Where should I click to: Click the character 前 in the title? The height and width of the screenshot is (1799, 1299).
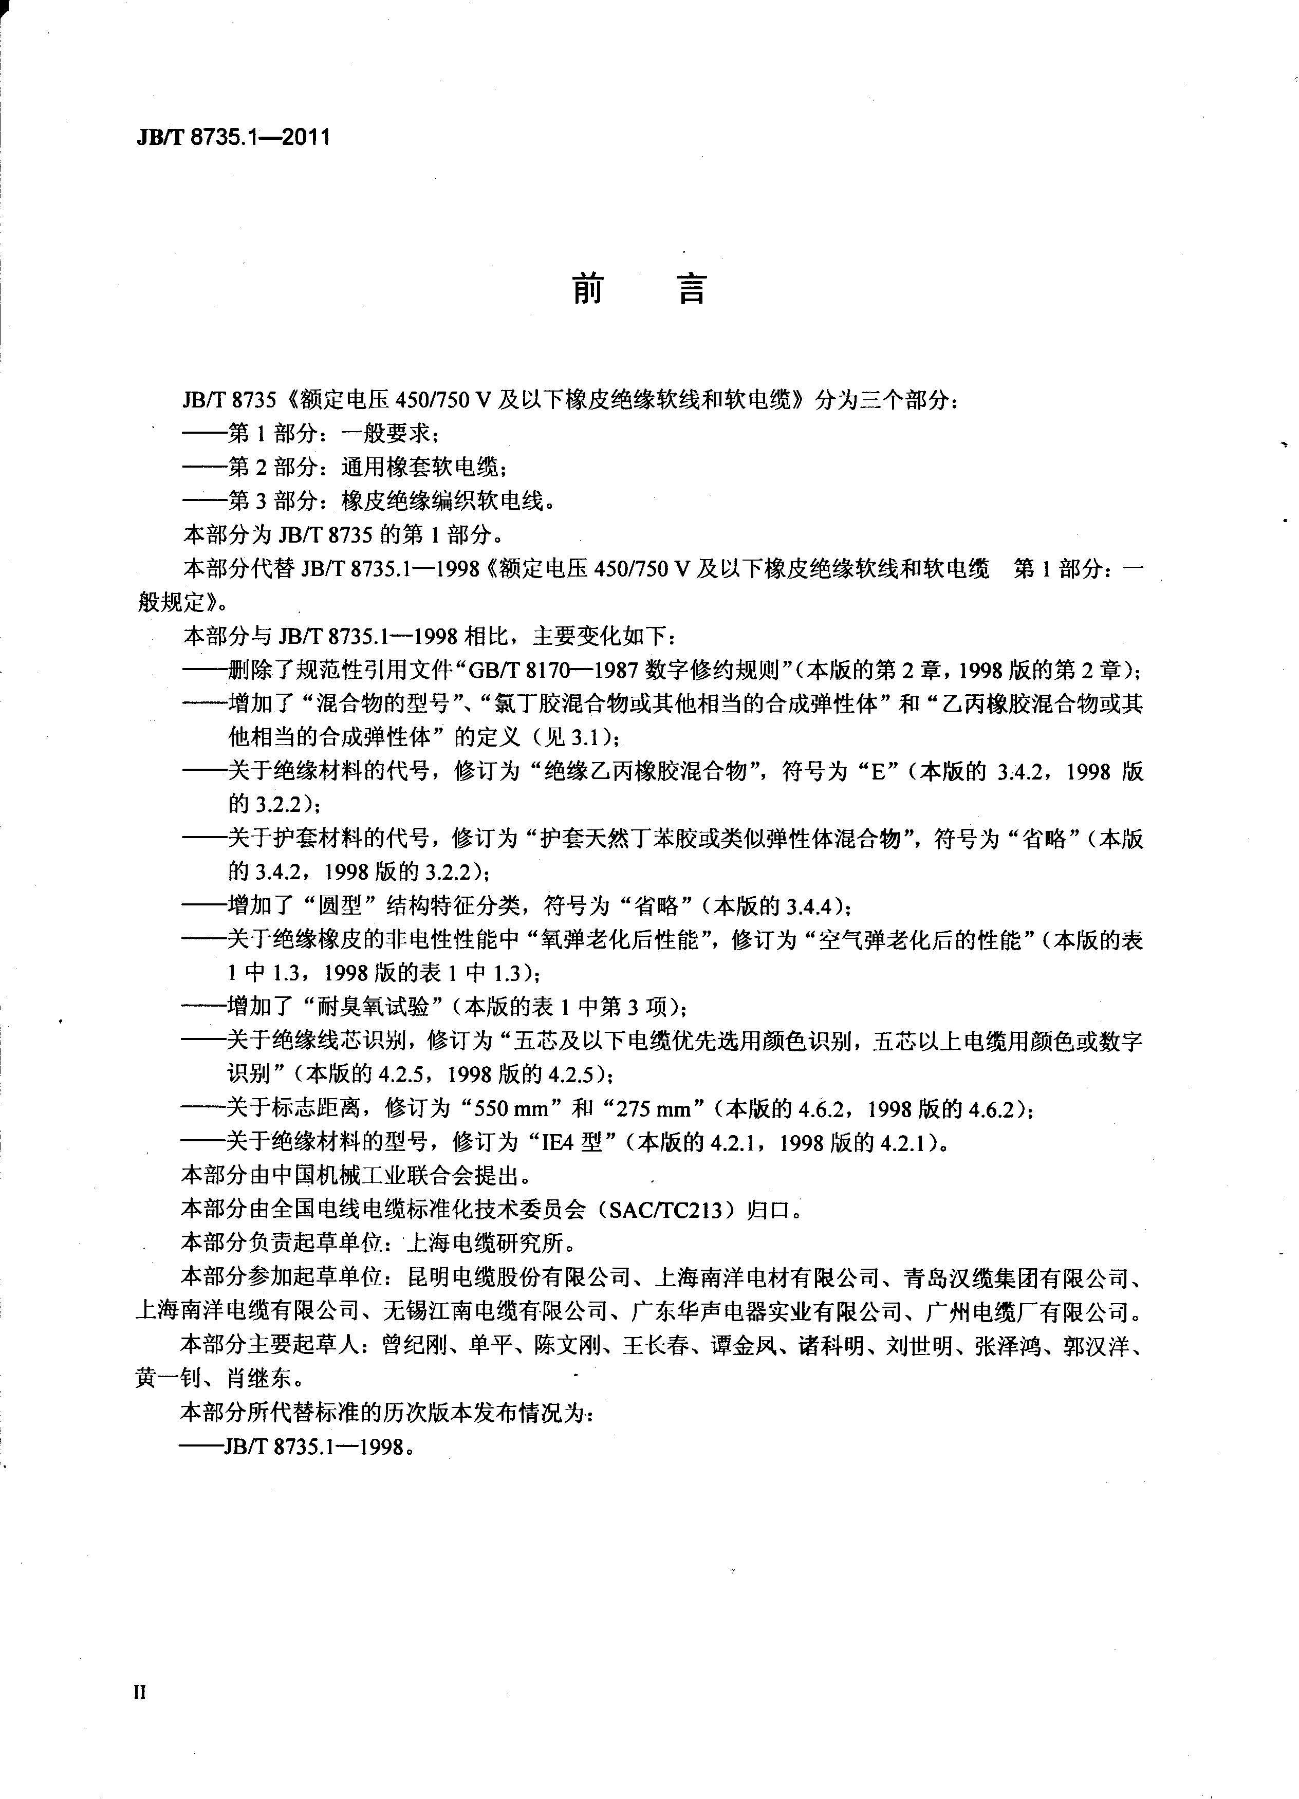point(588,290)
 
